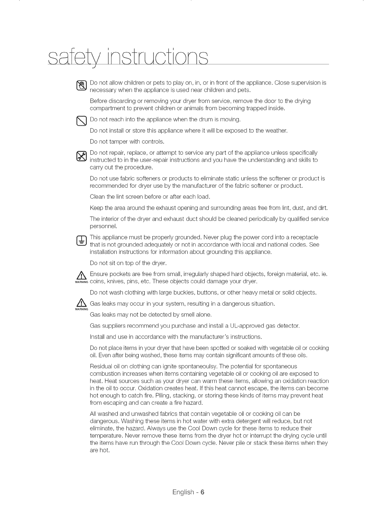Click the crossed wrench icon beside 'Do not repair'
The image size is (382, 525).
tap(82, 156)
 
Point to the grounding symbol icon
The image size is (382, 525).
tap(82, 241)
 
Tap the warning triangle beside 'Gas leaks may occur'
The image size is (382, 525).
tap(82, 304)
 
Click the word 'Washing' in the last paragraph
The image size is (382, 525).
tap(123, 421)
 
